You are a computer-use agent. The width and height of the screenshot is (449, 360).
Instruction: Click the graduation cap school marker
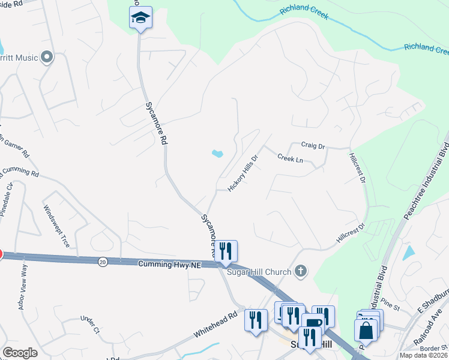click(140, 18)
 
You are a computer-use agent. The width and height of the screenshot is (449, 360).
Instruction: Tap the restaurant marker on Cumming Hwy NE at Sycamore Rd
click(226, 251)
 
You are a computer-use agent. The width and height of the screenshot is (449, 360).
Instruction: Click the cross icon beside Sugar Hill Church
click(302, 272)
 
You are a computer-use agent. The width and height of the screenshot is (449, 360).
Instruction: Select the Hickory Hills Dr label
click(243, 174)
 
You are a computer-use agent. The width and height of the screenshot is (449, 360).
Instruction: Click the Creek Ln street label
click(290, 158)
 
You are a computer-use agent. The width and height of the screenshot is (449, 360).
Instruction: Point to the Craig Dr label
click(313, 146)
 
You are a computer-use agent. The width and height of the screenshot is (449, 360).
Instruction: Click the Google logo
click(19, 353)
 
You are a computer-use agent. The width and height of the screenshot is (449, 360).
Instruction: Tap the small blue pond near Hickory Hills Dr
click(217, 154)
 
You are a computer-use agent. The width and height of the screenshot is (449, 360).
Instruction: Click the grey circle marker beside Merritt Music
click(47, 58)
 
